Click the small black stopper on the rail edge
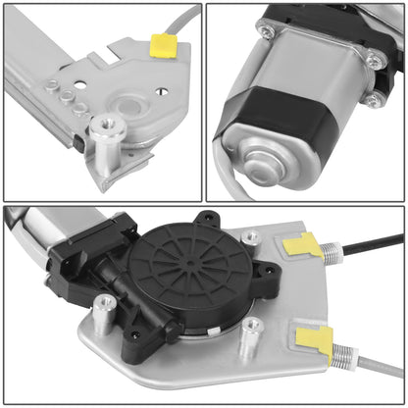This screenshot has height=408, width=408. tap(77, 142)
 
